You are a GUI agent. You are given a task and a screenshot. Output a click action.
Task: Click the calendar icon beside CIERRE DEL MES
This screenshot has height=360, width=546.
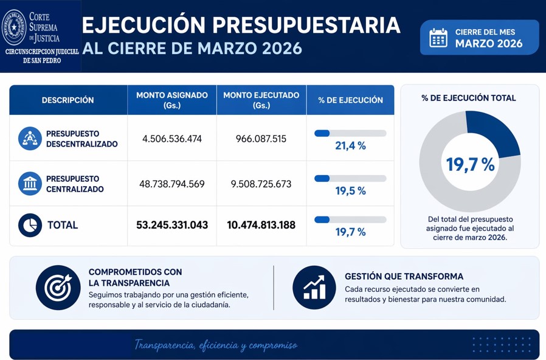point(438,38)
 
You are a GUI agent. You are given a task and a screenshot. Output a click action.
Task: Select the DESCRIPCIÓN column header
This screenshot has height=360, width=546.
point(67,100)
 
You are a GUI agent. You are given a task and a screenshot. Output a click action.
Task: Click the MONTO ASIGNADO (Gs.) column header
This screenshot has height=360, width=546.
point(172,100)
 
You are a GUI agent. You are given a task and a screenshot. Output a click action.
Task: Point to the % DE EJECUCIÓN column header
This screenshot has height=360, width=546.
point(350,100)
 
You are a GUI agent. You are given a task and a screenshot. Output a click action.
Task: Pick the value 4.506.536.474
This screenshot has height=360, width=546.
point(172,139)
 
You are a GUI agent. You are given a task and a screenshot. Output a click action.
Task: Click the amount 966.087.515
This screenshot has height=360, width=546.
point(261,139)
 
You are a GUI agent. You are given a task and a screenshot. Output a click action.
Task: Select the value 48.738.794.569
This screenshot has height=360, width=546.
point(172,184)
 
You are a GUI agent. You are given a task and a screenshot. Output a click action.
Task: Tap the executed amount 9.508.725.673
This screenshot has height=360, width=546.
point(261,184)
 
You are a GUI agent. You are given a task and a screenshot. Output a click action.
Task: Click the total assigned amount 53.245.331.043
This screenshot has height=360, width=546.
point(172,225)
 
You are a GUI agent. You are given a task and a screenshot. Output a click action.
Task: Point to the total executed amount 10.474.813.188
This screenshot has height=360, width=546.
point(261,225)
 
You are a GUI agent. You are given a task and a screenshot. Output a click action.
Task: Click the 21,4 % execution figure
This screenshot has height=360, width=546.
point(350,146)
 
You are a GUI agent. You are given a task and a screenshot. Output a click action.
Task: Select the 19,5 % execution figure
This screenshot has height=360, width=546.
point(350,191)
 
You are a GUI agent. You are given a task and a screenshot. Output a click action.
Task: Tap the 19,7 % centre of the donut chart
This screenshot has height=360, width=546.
point(470,164)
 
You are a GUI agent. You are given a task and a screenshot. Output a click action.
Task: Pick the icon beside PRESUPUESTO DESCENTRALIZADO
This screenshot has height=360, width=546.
point(30,139)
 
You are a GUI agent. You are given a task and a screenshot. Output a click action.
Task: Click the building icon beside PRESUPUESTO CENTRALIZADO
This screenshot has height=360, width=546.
point(30,184)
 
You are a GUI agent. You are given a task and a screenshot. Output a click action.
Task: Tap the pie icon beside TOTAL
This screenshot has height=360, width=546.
point(30,225)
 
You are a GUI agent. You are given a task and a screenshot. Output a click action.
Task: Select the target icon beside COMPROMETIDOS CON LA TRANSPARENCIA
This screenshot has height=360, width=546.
point(58,288)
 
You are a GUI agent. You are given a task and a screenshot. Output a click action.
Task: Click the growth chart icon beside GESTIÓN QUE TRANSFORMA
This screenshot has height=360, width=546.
point(314,288)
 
